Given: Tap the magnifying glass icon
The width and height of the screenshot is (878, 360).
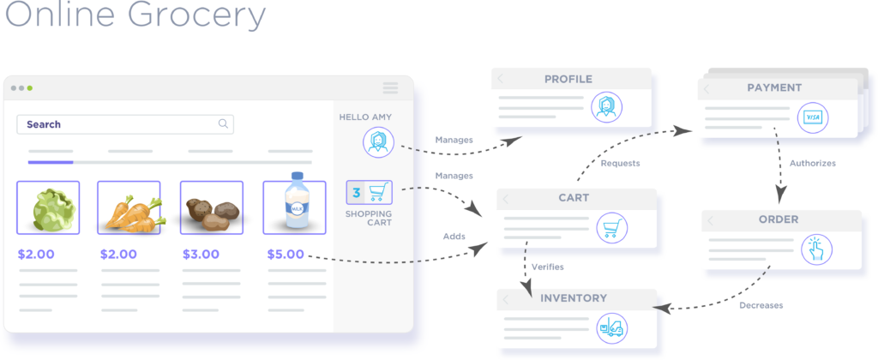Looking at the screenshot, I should pyautogui.click(x=223, y=124).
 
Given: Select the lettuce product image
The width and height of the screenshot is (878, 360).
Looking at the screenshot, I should pyautogui.click(x=48, y=208).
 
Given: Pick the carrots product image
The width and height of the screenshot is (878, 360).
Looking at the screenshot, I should pyautogui.click(x=129, y=208).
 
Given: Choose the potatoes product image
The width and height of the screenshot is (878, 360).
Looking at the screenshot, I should pyautogui.click(x=211, y=208).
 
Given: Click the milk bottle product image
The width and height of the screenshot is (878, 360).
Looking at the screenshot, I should pyautogui.click(x=294, y=207).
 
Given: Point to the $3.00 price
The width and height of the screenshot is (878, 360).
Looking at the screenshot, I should pyautogui.click(x=201, y=255).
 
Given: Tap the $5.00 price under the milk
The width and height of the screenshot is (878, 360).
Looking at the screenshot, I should pyautogui.click(x=284, y=255).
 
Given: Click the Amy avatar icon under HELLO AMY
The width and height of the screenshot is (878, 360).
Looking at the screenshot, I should pyautogui.click(x=377, y=142).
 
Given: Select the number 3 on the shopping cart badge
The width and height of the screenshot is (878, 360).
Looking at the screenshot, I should pyautogui.click(x=356, y=192).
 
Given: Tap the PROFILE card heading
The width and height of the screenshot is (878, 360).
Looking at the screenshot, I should pyautogui.click(x=568, y=80).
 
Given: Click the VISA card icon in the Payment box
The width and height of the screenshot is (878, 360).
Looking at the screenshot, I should pyautogui.click(x=810, y=117).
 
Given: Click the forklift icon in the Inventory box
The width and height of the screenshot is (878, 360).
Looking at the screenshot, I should pyautogui.click(x=612, y=327).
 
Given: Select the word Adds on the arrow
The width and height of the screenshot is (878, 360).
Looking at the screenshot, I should pyautogui.click(x=454, y=235).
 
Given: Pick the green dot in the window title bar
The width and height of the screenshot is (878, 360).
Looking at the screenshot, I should pyautogui.click(x=30, y=87).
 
